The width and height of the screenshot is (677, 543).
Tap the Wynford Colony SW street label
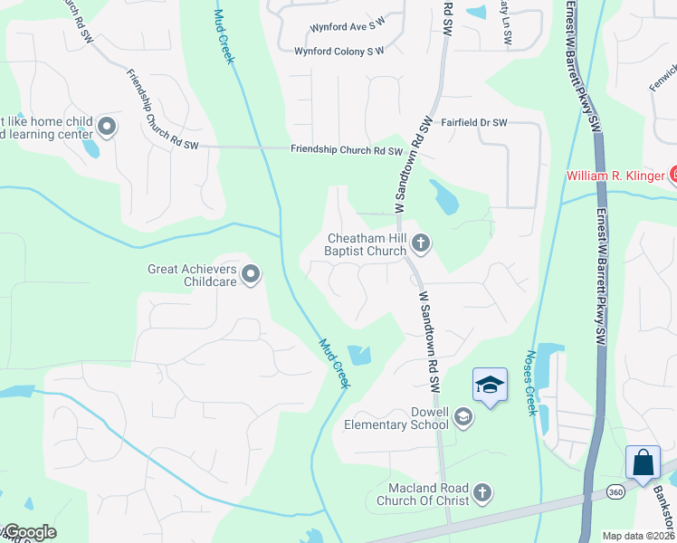[339, 52]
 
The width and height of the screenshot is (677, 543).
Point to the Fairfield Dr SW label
[473, 122]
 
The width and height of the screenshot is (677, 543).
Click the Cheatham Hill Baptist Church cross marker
[420, 243]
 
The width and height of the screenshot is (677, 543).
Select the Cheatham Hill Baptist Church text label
[367, 244]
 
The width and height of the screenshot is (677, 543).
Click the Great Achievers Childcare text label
[193, 275]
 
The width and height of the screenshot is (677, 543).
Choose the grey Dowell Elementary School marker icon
[462, 416]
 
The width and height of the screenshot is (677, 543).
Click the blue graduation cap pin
[490, 386]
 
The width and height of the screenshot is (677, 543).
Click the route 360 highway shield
[615, 491]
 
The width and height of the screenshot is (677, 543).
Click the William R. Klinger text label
[615, 176]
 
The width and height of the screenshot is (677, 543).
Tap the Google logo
[29, 532]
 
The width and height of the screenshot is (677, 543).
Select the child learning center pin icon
[107, 127]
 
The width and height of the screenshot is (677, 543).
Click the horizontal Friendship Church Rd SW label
[345, 150]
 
